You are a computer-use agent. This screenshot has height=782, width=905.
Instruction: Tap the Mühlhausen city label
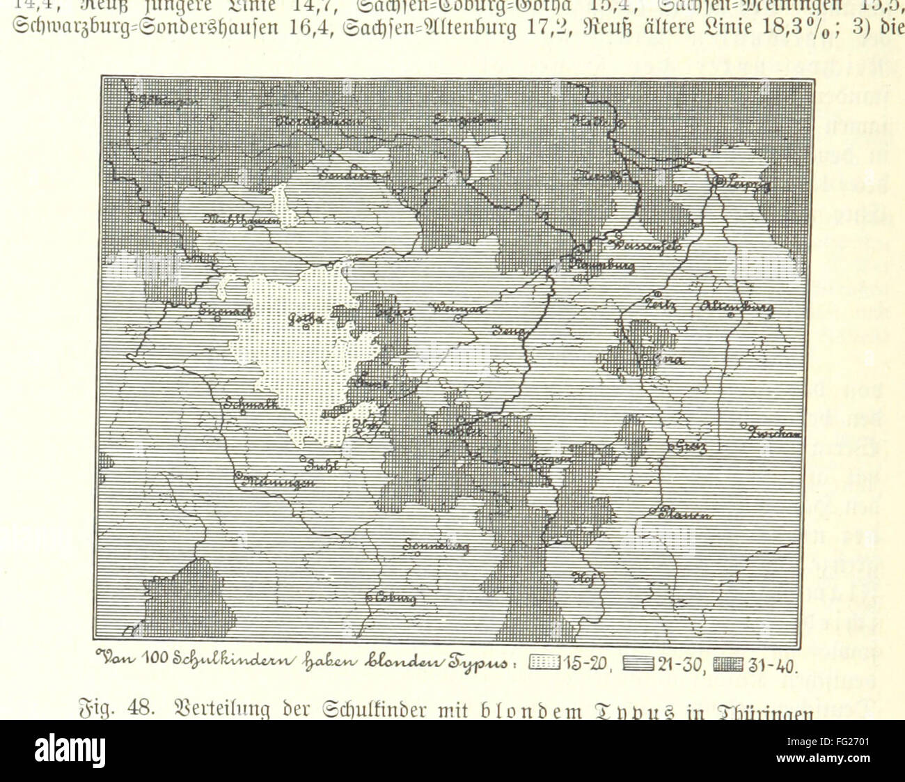(x=240, y=220)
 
